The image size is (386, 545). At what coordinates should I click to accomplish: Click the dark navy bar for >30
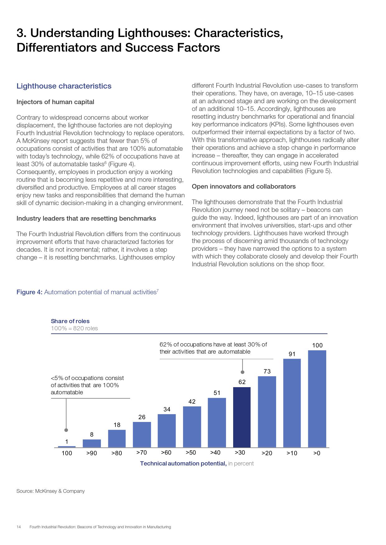(x=242, y=417)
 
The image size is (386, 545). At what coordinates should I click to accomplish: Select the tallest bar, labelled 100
(x=317, y=399)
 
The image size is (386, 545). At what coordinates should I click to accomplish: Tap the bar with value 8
(x=92, y=443)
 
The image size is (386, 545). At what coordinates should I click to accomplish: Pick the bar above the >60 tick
(x=167, y=431)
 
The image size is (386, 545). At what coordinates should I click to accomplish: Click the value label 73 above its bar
(x=267, y=371)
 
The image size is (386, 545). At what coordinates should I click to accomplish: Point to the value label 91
(x=292, y=354)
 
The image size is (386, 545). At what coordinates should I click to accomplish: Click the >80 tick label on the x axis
(x=117, y=453)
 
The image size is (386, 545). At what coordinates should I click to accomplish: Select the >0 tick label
(x=317, y=453)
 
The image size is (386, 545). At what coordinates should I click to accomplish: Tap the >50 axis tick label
(x=191, y=452)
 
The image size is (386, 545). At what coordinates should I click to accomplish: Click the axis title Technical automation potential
(x=183, y=463)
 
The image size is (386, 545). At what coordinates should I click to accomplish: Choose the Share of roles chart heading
(x=70, y=321)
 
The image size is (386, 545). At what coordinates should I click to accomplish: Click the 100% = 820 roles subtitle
(x=74, y=328)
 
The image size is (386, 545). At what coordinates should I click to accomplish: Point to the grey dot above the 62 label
(x=242, y=372)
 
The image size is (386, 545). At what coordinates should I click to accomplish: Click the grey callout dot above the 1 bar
(x=66, y=430)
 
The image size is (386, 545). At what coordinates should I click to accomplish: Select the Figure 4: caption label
(x=29, y=292)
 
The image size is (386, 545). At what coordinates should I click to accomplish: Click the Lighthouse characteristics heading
(x=64, y=86)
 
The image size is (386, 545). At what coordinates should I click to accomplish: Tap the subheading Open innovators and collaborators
(x=243, y=186)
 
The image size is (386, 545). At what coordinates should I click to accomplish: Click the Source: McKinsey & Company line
(x=50, y=491)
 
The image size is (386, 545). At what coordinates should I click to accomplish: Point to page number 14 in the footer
(x=19, y=527)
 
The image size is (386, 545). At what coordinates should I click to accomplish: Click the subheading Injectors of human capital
(x=55, y=102)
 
